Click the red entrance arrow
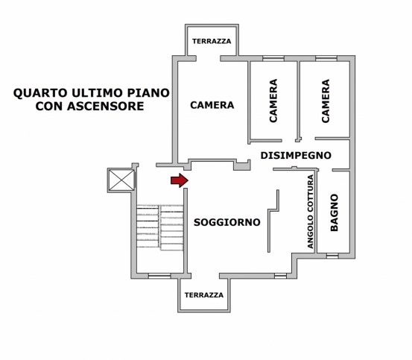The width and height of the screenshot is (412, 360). [180, 180]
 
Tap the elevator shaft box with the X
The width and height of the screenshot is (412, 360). [121, 180]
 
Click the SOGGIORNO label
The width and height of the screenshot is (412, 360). [227, 222]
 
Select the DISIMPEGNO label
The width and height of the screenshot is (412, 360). [296, 155]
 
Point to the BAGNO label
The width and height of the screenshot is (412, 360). [334, 212]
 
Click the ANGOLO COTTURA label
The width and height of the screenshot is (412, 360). [311, 212]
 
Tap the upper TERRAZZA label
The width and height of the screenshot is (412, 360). [212, 41]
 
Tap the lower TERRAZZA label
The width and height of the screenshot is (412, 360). [204, 295]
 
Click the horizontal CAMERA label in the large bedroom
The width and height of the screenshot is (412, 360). [212, 105]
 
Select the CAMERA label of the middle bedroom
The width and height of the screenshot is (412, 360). [273, 101]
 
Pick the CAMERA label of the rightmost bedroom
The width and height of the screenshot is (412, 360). [326, 101]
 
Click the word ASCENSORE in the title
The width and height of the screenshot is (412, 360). [106, 106]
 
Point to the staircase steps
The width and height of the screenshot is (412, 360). [159, 228]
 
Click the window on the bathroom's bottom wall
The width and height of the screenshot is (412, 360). [332, 256]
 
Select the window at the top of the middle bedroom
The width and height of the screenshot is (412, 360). [273, 58]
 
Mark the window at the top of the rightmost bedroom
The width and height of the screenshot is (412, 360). [326, 58]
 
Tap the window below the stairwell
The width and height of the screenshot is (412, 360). [159, 276]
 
